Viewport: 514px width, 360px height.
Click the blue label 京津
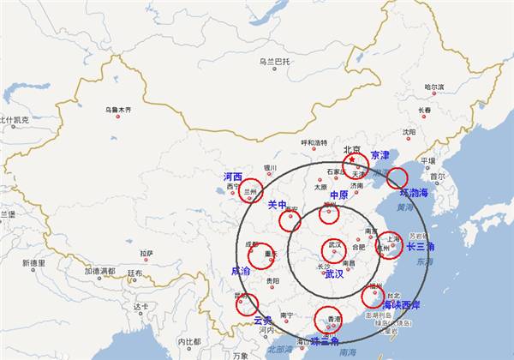(380, 156)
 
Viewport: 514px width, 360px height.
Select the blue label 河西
(233, 177)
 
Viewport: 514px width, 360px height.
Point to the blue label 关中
(277, 205)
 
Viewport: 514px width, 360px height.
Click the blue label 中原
(338, 195)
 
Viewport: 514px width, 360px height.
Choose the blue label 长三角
(421, 246)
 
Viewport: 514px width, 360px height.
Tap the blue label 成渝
(241, 271)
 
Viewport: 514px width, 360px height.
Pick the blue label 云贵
(263, 321)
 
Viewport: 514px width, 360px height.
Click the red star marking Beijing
(351, 159)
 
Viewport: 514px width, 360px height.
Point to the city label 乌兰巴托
(275, 62)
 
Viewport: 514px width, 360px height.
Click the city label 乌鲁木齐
(118, 110)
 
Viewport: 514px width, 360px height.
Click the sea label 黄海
(405, 207)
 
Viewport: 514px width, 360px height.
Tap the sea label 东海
(426, 261)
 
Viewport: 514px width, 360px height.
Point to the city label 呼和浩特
(314, 142)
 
